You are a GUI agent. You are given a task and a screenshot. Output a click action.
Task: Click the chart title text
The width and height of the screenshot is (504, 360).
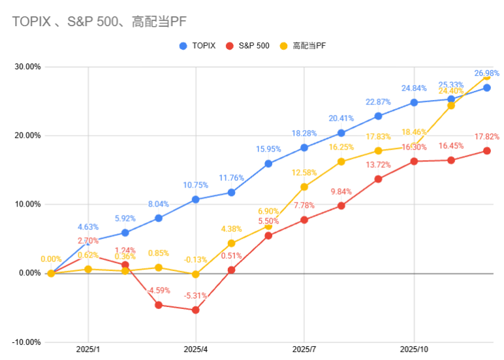tap(99, 22)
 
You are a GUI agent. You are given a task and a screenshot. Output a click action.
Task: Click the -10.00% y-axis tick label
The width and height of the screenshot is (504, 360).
tap(25, 342)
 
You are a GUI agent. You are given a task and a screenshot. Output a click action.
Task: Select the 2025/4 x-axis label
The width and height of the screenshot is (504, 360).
tap(196, 350)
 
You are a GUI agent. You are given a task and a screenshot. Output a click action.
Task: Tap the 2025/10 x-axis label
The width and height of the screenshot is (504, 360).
tap(414, 350)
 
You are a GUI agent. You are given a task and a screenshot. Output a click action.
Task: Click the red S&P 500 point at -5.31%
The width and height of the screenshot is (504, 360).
tap(195, 310)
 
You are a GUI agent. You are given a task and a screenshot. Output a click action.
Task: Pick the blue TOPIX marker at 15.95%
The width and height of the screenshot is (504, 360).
tap(268, 163)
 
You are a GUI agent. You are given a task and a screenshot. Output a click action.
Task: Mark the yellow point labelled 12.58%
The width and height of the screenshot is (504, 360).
tap(304, 187)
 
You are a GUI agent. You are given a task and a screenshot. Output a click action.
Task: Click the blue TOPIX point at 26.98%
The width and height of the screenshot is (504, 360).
tap(486, 88)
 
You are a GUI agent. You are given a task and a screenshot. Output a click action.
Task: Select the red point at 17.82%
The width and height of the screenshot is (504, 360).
tap(486, 151)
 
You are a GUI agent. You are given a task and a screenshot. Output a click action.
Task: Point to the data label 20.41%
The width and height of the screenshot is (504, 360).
tap(341, 118)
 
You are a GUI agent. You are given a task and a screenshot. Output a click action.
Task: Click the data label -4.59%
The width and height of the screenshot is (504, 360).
tap(159, 290)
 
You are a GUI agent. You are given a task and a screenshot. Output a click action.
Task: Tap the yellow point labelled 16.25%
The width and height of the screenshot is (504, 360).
tap(341, 161)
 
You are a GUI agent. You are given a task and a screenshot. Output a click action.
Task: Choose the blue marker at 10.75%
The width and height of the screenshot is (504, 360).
tap(195, 199)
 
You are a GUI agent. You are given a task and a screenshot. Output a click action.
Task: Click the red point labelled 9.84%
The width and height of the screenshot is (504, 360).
tap(341, 206)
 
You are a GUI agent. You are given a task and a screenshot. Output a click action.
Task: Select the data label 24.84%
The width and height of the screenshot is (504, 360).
tap(414, 88)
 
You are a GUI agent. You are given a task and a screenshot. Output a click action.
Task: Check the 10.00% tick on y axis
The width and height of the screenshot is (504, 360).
tap(27, 204)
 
